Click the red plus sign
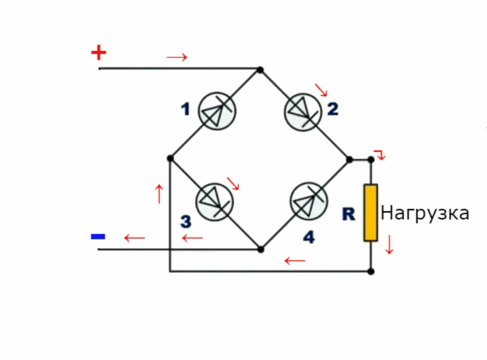click(98, 53)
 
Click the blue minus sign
click(98, 236)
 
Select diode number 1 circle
click(217, 111)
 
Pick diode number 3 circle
click(215, 202)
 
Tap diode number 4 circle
click(309, 202)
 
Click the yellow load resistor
click(371, 213)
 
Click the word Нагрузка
click(425, 213)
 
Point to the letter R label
click(349, 214)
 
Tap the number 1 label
click(185, 110)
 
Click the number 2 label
click(333, 109)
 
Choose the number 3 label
click(185, 222)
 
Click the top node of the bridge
click(260, 70)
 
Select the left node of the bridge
click(170, 158)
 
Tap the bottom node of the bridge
click(261, 249)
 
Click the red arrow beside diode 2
click(321, 90)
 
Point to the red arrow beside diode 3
click(233, 183)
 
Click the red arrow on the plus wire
click(177, 57)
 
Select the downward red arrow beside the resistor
click(389, 245)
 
